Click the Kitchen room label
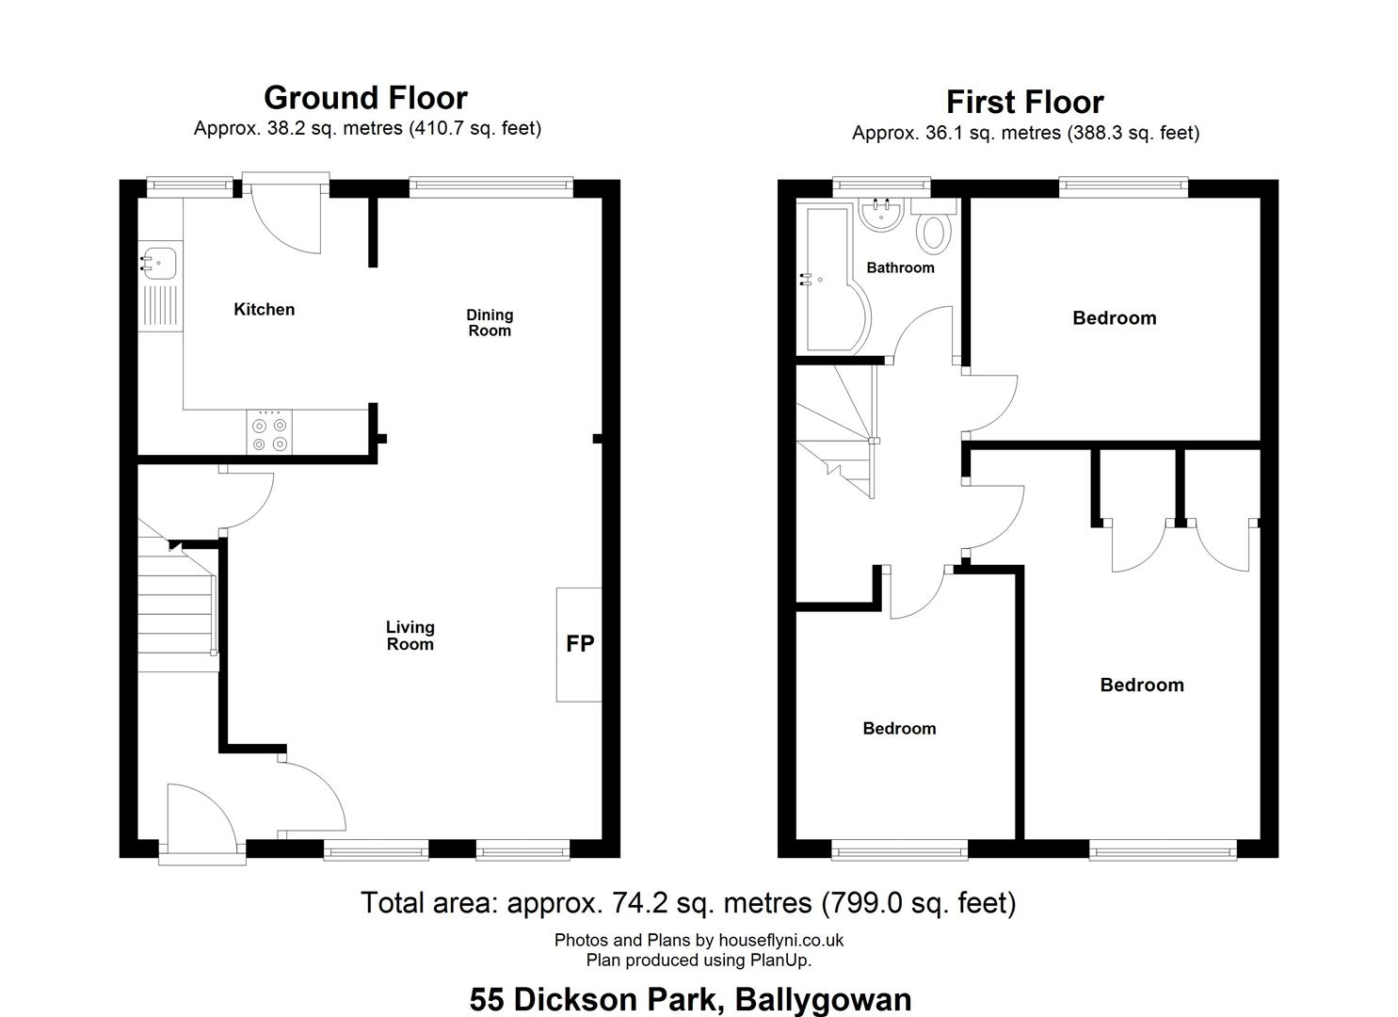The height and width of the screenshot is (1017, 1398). click(264, 309)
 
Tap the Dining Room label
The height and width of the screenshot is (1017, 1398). click(490, 323)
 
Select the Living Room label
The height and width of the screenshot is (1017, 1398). click(410, 636)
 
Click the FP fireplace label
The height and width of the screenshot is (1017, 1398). click(580, 644)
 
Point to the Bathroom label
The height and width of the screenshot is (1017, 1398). click(901, 267)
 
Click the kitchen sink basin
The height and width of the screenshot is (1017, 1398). click(160, 263)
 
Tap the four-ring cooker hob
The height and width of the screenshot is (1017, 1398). click(269, 431)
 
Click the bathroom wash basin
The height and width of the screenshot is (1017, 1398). click(881, 214)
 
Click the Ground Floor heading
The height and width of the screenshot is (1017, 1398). click(365, 98)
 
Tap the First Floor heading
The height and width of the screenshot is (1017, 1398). click(1025, 103)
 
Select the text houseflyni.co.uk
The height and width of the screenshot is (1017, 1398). click(780, 940)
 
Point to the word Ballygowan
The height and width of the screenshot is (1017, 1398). click(823, 999)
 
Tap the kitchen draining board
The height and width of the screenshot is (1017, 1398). click(161, 306)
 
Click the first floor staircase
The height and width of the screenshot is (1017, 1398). click(836, 431)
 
